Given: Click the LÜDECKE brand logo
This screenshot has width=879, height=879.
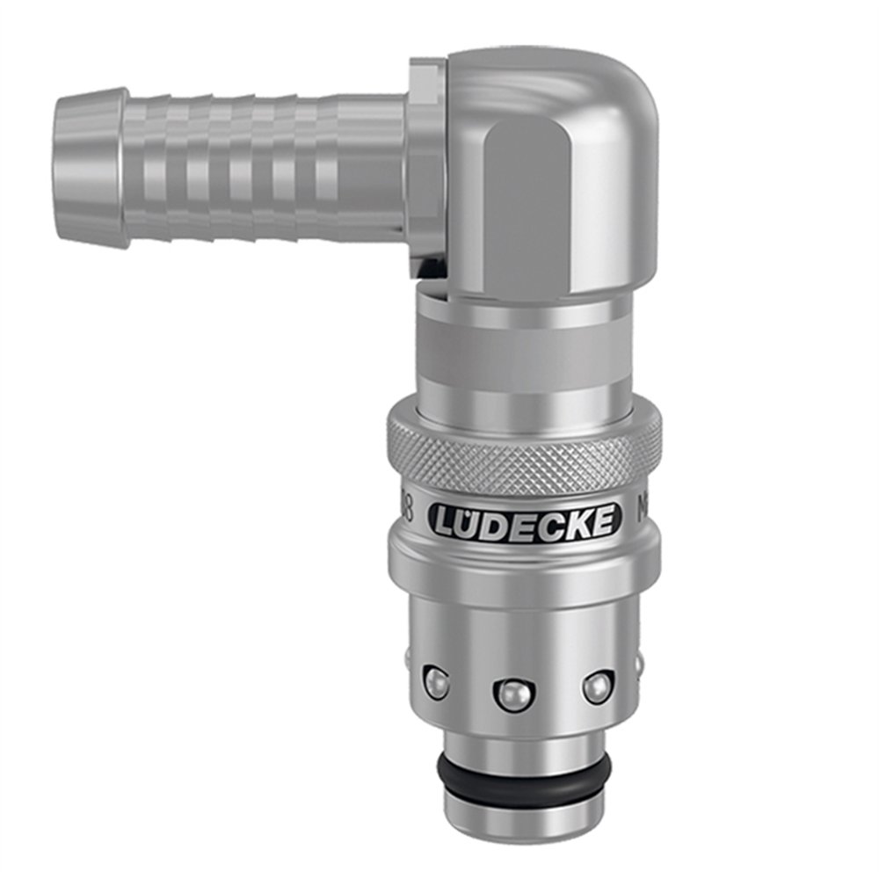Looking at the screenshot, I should [x=525, y=521].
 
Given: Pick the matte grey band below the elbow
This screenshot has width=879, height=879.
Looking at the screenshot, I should [x=524, y=357].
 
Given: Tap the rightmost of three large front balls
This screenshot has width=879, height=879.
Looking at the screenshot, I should [x=597, y=686].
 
